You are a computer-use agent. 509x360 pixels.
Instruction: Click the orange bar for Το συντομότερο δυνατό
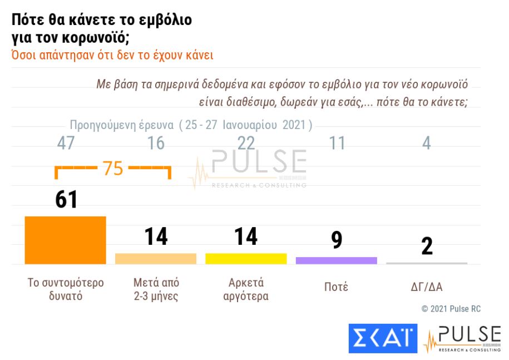[x=65, y=240]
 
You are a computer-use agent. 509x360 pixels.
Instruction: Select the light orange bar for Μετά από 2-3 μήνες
[x=156, y=259]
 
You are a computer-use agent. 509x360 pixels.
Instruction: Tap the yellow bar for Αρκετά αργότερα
[x=246, y=259]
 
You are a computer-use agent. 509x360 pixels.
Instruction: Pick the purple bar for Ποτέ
[x=336, y=260]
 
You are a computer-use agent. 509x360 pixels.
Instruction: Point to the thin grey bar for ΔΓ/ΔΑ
[x=427, y=263]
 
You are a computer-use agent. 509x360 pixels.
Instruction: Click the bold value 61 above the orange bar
[x=66, y=199]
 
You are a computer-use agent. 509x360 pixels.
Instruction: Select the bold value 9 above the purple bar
[x=336, y=240]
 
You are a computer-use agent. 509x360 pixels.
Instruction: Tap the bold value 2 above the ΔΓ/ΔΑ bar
[x=427, y=246]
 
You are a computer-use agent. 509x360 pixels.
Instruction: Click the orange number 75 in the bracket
[x=113, y=168]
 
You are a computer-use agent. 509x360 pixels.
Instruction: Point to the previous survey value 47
[x=66, y=143]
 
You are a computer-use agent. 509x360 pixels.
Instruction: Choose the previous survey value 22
[x=246, y=143]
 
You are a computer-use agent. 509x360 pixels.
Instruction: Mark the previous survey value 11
[x=337, y=143]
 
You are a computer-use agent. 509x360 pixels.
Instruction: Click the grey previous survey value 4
[x=427, y=143]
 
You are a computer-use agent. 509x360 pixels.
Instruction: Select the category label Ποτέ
[x=336, y=287]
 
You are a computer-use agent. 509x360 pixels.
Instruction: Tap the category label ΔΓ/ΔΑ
[x=427, y=287]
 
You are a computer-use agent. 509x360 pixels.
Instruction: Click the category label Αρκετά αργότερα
[x=246, y=289]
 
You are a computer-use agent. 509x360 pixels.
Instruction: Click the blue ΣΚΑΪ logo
[x=383, y=338]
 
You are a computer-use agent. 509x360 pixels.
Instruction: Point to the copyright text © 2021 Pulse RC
[x=451, y=309]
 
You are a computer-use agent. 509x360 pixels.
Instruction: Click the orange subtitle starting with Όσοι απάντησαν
[x=112, y=56]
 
